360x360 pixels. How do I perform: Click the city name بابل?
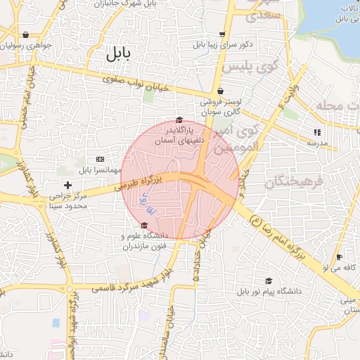coord(119,54)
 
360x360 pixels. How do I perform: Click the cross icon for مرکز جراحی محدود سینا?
coord(67,184)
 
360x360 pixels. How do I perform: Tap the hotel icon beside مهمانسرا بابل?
coord(99,159)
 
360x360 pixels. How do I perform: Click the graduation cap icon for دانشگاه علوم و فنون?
coord(144,226)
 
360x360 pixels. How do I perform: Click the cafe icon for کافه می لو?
coord(339,257)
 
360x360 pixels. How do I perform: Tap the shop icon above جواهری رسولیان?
coord(26,34)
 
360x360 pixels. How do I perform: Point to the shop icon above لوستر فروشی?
coord(220,91)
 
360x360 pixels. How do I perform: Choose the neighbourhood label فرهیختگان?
coord(293,183)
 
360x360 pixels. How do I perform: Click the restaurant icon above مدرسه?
coord(316,131)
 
